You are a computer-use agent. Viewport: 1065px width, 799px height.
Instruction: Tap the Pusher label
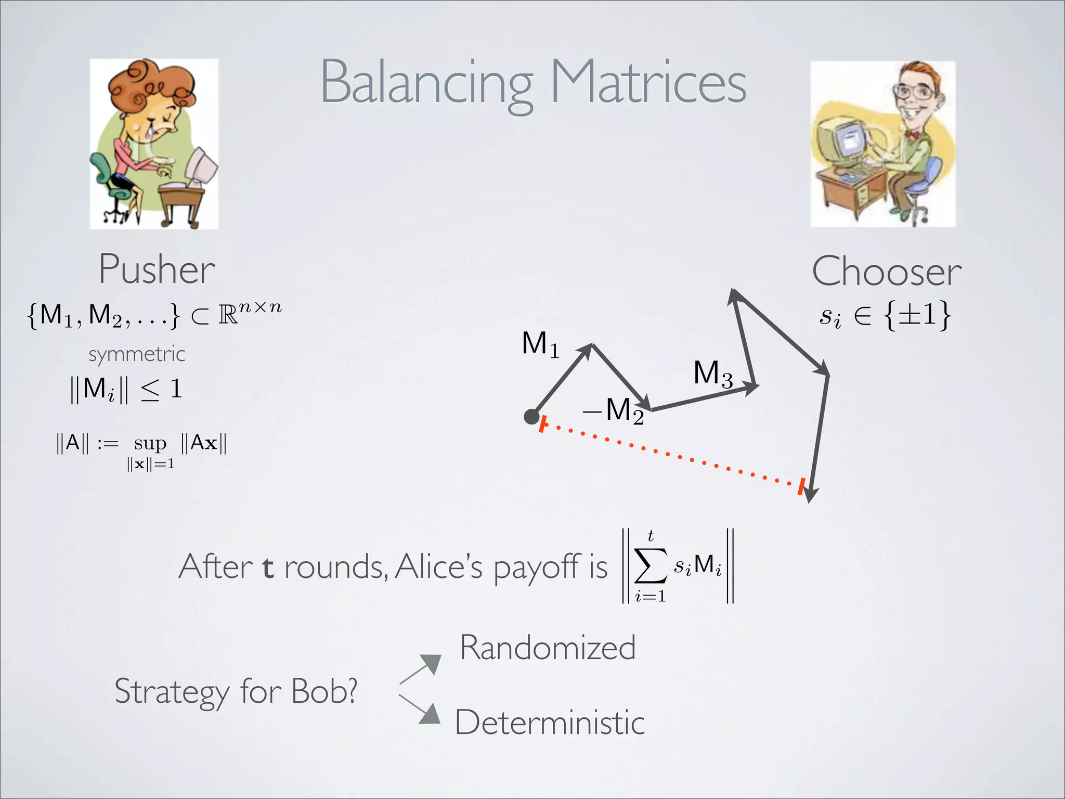[x=157, y=269]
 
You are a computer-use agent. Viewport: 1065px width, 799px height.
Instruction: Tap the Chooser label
[x=886, y=272]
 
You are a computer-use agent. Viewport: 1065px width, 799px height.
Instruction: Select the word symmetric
[x=136, y=355]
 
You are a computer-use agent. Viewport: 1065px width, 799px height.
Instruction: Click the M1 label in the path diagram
[x=540, y=344]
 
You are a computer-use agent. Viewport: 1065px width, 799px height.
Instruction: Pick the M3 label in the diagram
[x=712, y=373]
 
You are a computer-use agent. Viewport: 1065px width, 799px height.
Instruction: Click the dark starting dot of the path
[x=531, y=416]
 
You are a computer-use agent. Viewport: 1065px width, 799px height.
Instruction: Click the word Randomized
[x=548, y=648]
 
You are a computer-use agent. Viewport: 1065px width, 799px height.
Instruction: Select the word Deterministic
[x=550, y=723]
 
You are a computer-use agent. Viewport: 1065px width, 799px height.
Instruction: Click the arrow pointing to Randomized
[x=421, y=668]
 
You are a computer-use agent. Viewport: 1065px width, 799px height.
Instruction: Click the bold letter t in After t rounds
[x=267, y=567]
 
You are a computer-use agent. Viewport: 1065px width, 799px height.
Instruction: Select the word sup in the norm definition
[x=150, y=443]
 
